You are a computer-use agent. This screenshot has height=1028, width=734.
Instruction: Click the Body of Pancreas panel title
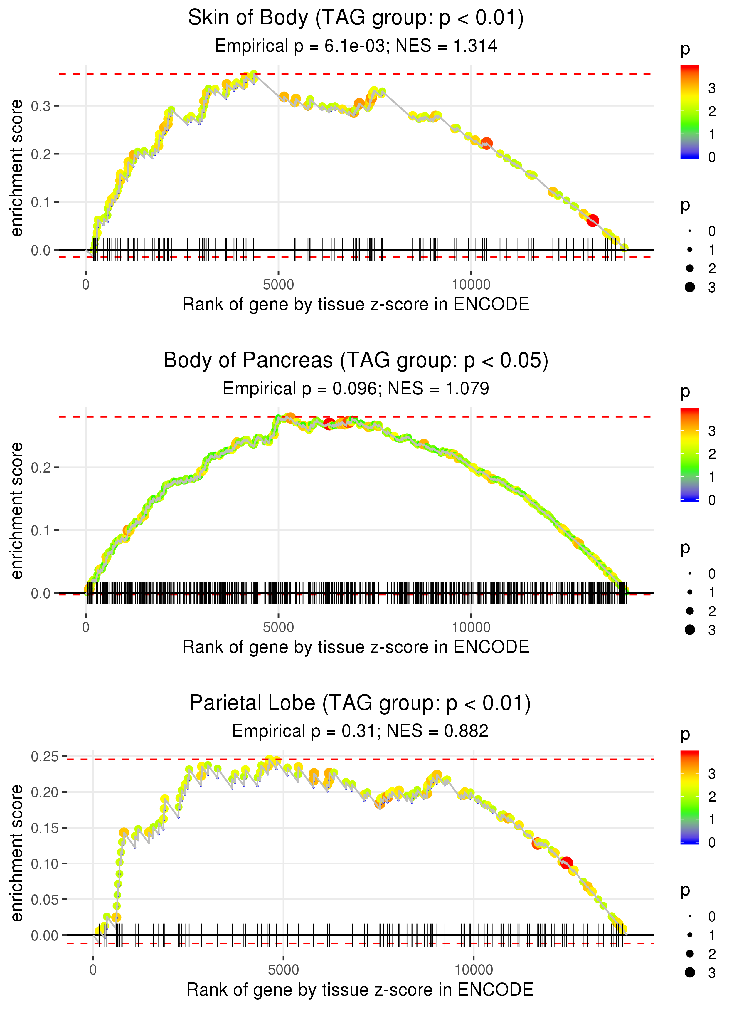[356, 361]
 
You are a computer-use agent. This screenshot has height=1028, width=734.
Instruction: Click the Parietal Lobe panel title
[360, 703]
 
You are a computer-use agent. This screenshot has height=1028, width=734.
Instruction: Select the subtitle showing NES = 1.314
[356, 46]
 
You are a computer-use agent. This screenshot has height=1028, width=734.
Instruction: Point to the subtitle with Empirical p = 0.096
[356, 388]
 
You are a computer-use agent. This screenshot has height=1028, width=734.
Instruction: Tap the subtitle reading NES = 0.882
[360, 731]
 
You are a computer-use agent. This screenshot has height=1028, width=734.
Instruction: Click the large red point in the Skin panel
[592, 221]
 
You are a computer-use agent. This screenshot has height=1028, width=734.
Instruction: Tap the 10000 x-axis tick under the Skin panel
[471, 285]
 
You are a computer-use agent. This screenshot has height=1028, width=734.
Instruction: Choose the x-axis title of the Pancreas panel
[356, 647]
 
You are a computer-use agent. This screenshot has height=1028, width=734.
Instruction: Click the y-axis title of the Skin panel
[17, 168]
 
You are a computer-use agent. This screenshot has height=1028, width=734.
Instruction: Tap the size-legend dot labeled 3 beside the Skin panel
[690, 287]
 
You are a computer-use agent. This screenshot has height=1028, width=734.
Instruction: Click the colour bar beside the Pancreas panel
[690, 454]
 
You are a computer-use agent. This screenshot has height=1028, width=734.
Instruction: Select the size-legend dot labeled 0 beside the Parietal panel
[690, 916]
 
